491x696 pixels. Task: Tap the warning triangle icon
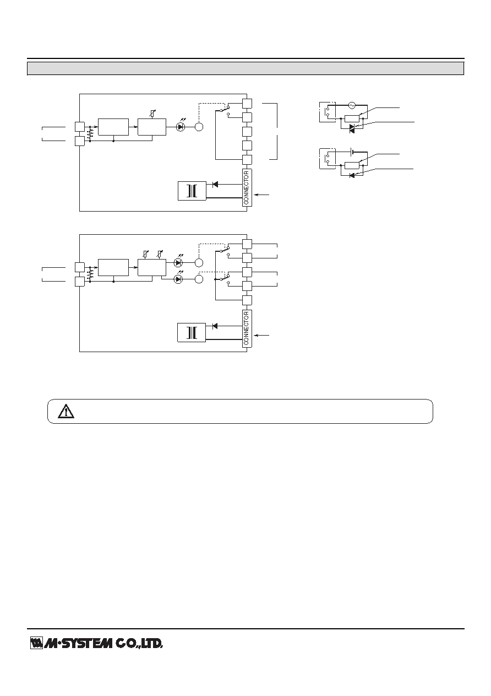pos(66,411)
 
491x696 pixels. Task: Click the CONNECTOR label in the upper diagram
pos(247,187)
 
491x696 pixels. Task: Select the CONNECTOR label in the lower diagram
pos(247,328)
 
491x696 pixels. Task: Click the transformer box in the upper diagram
pos(192,191)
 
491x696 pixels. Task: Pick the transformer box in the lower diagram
pos(192,332)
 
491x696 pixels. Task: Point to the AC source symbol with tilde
pos(352,106)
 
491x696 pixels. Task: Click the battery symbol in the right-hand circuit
pos(352,152)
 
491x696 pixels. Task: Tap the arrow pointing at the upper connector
pos(261,195)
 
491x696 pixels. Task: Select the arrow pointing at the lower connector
pos(261,336)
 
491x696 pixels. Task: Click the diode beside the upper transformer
pos(215,184)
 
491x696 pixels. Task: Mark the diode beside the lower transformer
pos(215,326)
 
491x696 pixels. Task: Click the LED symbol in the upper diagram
pos(181,127)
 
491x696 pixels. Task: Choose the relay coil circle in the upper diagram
pos(199,127)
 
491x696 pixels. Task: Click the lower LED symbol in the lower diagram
pos(178,279)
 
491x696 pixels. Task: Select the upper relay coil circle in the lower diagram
pos(199,263)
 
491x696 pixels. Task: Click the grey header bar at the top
pos(245,69)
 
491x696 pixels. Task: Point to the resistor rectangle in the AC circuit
pos(352,118)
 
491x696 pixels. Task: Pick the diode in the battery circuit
pos(352,176)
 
